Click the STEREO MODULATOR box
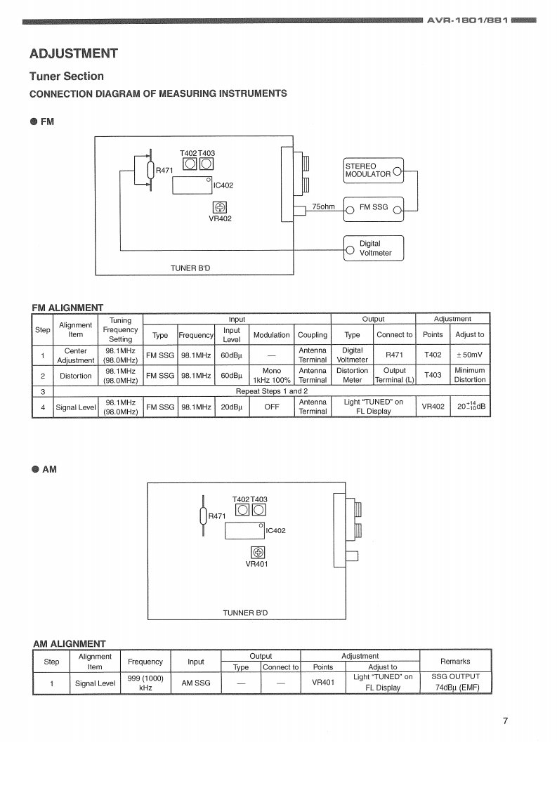coord(373,171)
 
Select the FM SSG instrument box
coord(373,208)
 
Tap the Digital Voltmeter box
coord(374,248)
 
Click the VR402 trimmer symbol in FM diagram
coord(220,207)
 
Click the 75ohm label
coord(323,206)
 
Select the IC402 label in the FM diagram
coord(223,186)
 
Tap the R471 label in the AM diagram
coord(216,516)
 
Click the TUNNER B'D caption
coord(245,613)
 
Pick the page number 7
coord(505,721)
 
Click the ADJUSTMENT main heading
coord(74,53)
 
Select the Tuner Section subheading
coord(66,76)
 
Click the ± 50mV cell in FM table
coord(469,355)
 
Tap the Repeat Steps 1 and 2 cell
coord(271,391)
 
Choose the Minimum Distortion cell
coord(469,374)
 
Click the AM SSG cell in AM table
coord(196,683)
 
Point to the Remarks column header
coord(455,661)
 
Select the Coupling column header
coord(313,334)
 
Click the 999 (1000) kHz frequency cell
coord(145,683)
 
